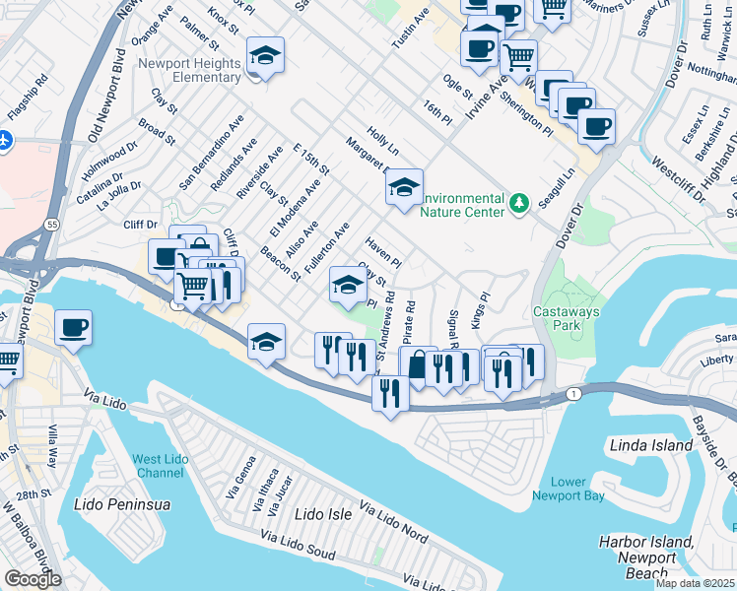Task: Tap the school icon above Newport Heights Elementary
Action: pos(265,54)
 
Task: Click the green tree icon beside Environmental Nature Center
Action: pos(519,203)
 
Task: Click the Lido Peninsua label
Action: pos(122,504)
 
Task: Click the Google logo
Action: pos(33,578)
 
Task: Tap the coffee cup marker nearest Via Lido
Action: pos(74,327)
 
